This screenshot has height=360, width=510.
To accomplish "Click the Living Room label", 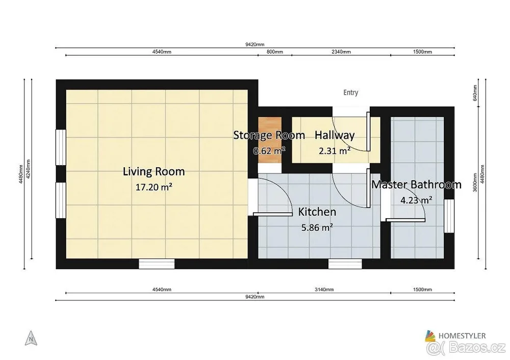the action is (x=154, y=171).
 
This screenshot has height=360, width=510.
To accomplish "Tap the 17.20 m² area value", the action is (x=154, y=187).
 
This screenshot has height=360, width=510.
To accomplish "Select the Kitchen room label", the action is (x=317, y=212).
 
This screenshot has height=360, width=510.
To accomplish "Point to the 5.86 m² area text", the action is (x=317, y=227).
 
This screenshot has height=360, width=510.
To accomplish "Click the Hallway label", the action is (x=335, y=135).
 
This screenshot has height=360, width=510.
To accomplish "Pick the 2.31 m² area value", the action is (x=335, y=150).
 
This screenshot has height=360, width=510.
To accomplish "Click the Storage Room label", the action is (x=269, y=135).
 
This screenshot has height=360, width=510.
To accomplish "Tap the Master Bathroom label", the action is (x=416, y=185).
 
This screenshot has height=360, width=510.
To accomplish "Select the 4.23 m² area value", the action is (x=416, y=200).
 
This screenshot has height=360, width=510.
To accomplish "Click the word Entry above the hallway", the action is (x=351, y=93).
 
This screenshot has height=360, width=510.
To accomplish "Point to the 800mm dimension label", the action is (x=275, y=52).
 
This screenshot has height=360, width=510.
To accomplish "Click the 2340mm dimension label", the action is (x=341, y=52).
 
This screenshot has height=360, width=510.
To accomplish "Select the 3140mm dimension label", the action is (x=324, y=290).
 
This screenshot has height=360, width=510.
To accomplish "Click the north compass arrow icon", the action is (x=31, y=338).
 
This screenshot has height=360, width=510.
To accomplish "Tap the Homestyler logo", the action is (x=455, y=336).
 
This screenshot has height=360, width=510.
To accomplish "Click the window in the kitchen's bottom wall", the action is (x=345, y=264).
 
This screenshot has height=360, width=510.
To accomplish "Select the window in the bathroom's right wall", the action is (x=449, y=216).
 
